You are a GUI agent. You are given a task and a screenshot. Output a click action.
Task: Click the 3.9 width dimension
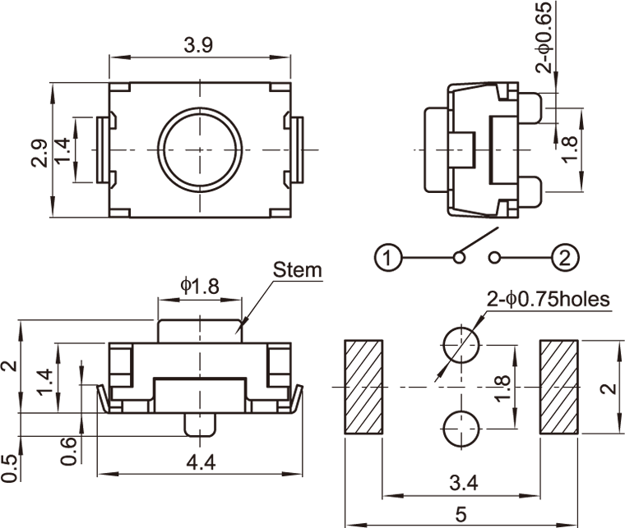[199, 46]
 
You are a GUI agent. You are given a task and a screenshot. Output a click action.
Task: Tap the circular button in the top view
[201, 149]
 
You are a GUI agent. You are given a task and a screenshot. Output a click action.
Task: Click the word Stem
[298, 269]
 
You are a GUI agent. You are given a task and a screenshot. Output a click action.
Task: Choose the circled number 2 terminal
[564, 259]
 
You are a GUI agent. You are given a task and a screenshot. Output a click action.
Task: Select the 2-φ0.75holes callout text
[549, 300]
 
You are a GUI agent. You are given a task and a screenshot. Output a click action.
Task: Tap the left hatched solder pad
[363, 387]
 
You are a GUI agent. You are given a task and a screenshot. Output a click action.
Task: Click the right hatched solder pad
[560, 387]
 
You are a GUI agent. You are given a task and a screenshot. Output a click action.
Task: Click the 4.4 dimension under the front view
[201, 462]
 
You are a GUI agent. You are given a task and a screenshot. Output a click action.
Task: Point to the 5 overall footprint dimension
[461, 515]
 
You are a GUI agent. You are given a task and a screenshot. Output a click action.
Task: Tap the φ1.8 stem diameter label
[200, 285]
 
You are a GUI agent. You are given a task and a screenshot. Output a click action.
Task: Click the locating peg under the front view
[201, 425]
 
